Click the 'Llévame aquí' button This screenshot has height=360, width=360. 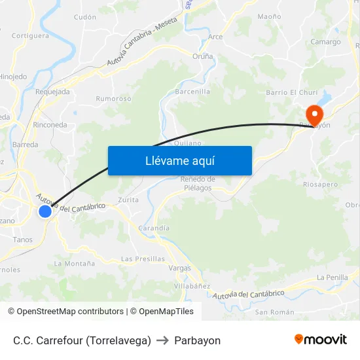[179, 160]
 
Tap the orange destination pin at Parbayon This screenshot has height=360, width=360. [315, 115]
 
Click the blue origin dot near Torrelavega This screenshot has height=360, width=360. [45, 211]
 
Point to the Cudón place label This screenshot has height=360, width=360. [85, 17]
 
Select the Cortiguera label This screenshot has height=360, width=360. [30, 36]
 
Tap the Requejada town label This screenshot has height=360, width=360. [52, 92]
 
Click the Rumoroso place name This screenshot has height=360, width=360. [114, 99]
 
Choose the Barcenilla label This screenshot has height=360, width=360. [192, 92]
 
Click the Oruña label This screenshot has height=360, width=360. [202, 56]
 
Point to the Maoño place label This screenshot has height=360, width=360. [270, 16]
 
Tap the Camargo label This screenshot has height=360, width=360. [325, 42]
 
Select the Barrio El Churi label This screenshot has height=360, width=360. [291, 92]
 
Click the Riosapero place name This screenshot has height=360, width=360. [321, 185]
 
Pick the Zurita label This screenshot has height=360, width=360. [128, 200]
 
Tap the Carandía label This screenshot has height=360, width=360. [154, 228]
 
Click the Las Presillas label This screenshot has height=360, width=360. [143, 259]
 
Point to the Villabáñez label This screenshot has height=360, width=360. [192, 286]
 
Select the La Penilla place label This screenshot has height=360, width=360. [332, 278]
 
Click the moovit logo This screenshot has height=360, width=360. [321, 340]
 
